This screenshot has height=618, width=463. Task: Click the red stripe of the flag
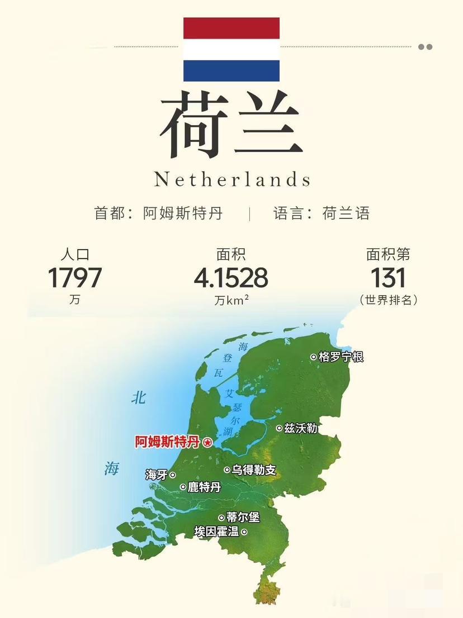pos(231,28)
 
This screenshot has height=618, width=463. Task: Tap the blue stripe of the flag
pos(231,71)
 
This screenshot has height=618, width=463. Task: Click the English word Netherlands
pos(232,179)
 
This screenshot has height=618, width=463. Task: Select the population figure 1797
pos(74,278)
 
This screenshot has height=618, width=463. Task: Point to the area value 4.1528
pos(231,278)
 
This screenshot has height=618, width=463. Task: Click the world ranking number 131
pos(388,278)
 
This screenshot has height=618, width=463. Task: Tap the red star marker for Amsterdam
pos(207,443)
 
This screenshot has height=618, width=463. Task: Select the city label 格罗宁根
pos(341,357)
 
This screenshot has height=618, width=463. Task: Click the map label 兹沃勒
pos(301,428)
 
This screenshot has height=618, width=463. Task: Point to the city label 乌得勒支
pos(254,470)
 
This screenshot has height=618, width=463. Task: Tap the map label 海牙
pos(156,475)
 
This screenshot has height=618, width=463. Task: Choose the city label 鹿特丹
pos(204,487)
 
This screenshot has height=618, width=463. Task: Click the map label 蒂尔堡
pos(243,518)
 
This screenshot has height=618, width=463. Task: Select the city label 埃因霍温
pos(216,532)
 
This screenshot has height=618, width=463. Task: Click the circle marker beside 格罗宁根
pos(314,357)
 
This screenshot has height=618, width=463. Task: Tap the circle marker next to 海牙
pos(172,475)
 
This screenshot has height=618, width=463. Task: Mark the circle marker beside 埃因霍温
pos(244,532)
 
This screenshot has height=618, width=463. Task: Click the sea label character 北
pos(138,397)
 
